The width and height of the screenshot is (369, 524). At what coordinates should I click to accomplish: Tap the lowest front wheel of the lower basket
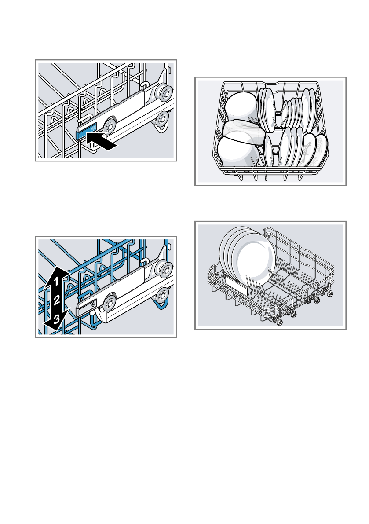279,323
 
